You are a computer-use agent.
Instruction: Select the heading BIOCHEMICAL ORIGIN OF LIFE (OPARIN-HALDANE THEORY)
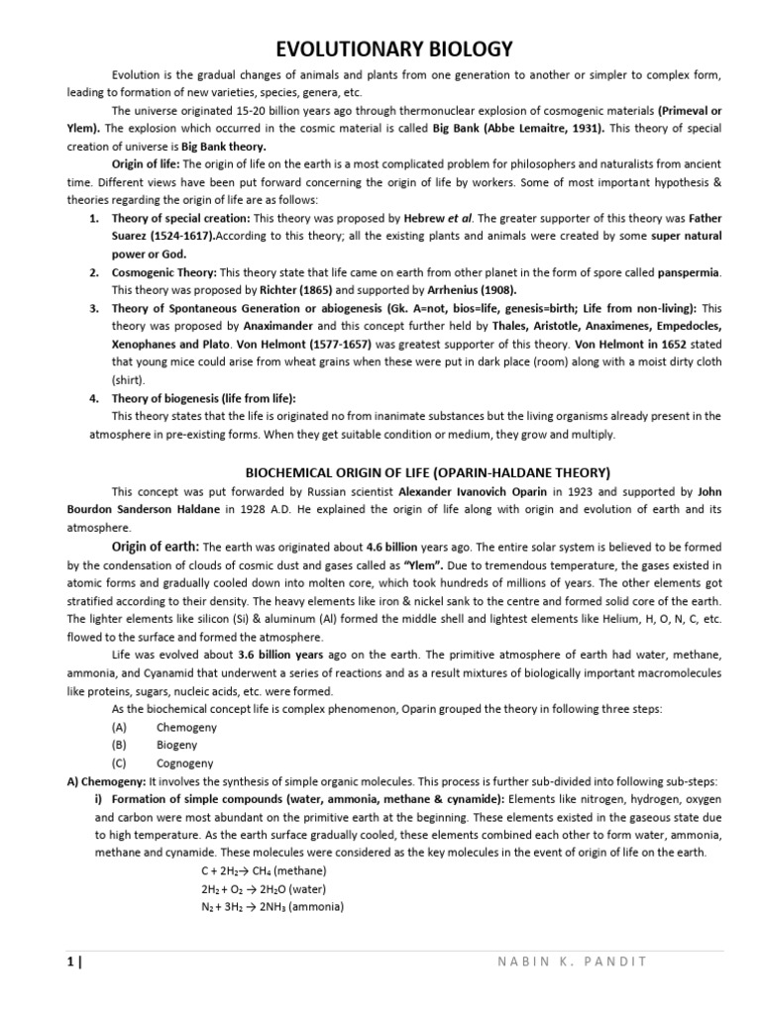[x=427, y=471]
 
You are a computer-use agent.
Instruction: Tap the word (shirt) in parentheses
[x=129, y=378]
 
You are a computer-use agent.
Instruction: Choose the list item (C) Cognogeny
[x=163, y=762]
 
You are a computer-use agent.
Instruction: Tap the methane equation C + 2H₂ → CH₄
[x=264, y=869]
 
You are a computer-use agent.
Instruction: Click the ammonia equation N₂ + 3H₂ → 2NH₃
[x=272, y=905]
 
